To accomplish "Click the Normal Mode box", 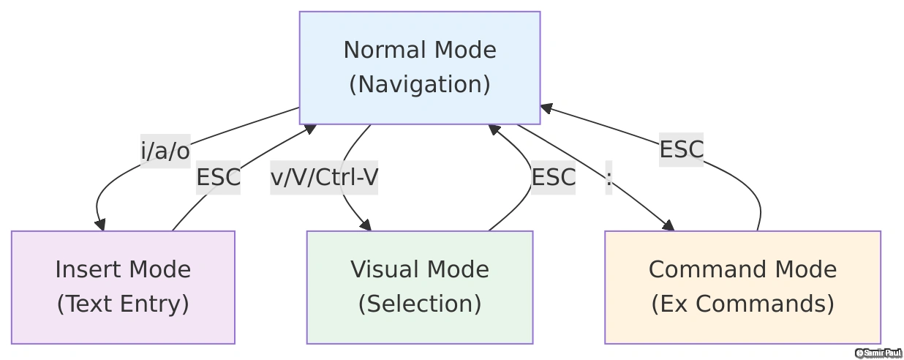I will tap(419, 67).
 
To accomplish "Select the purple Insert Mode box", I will tap(123, 287).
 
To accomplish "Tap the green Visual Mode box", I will tap(419, 287).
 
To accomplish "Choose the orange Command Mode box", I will tap(742, 287).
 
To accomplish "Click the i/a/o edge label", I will tap(165, 151).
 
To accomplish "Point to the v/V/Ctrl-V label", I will tap(324, 177).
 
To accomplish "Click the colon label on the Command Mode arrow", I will tap(609, 177).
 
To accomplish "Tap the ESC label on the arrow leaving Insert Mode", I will tap(218, 177).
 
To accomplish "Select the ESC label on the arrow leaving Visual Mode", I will tap(553, 177).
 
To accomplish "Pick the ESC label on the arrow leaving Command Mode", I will tap(681, 149).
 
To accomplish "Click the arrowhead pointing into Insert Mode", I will tap(100, 225).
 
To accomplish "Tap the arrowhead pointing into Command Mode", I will tap(668, 225).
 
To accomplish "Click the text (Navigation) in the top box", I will tap(419, 85).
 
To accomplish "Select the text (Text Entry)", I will tap(123, 304).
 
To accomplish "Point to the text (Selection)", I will tap(419, 304).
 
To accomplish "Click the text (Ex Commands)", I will tap(742, 304).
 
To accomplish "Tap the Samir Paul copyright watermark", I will tap(878, 353).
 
